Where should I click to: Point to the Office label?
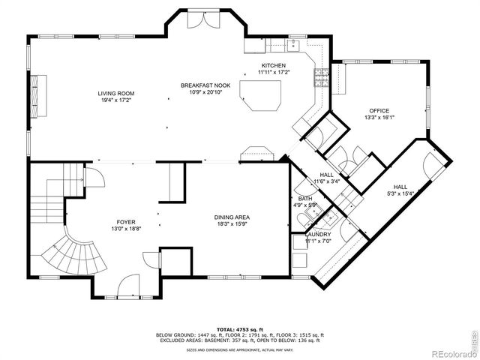pos(379,110)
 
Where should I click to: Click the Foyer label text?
pos(125,222)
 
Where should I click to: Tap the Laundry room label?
pos(317,235)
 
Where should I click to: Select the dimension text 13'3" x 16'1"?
pos(379,117)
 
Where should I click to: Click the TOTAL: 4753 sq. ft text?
pos(239,328)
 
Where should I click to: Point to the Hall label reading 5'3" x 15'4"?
pos(401,190)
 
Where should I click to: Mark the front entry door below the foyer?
pos(128,288)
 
